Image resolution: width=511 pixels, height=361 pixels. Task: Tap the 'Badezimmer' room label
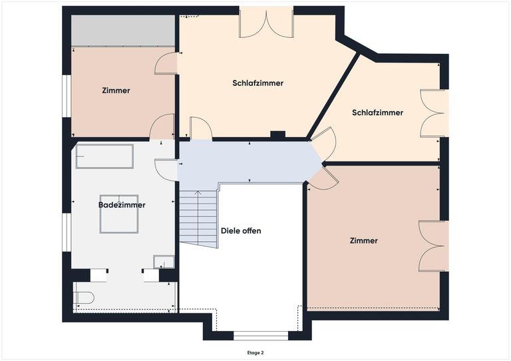122,205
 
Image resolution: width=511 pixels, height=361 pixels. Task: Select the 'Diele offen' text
241,231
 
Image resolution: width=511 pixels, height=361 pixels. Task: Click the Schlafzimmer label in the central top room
258,83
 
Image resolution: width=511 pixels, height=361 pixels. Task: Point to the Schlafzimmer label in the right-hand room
377,112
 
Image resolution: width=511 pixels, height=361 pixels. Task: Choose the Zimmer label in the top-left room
116,90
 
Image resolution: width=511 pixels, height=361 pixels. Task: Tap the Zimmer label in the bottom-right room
363,241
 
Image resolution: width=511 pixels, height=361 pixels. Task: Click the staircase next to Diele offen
198,219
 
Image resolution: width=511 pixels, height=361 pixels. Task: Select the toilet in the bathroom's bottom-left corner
85,297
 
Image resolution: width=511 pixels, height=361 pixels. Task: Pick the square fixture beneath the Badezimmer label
119,214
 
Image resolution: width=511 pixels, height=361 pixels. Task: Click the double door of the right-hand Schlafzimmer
432,113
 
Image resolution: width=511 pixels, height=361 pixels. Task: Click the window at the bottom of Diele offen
261,334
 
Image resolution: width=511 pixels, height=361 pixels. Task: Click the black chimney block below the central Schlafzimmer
277,135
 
